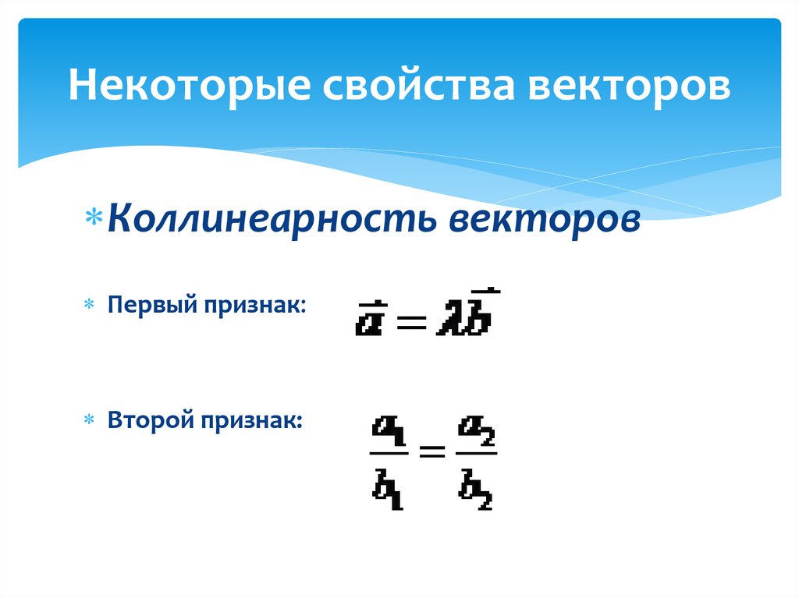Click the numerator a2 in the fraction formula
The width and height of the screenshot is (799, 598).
[477, 429]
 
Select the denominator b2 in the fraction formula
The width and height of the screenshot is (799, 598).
[477, 487]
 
